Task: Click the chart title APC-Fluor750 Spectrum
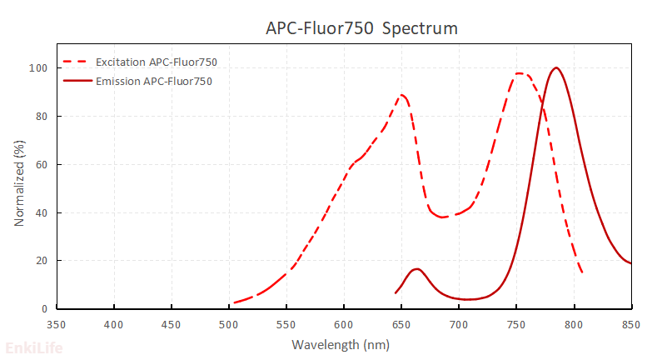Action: pos(361,28)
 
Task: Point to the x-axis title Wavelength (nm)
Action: pos(343,343)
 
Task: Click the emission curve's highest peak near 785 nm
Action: pos(555,68)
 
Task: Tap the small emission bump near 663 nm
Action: pos(416,269)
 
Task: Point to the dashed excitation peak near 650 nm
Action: pos(402,95)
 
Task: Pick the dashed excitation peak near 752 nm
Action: pos(519,73)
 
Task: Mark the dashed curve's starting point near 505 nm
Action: pos(235,302)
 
